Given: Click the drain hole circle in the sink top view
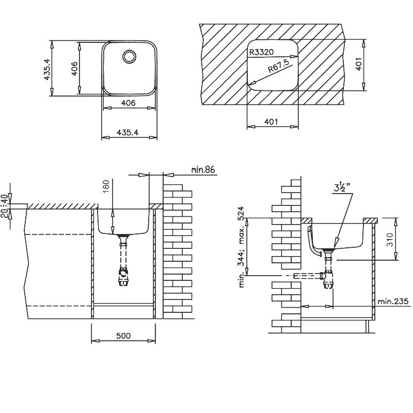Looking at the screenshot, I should click(129, 56).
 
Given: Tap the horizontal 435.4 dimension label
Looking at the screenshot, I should click(128, 132).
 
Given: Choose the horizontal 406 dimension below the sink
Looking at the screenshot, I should click(128, 103).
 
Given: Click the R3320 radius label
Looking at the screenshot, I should click(261, 52).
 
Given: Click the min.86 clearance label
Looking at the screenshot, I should click(202, 169).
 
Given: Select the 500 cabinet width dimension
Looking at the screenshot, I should click(123, 336).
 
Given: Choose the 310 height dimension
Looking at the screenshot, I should click(390, 239).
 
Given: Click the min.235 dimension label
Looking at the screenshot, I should click(393, 301).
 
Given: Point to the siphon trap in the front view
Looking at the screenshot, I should click(123, 278).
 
